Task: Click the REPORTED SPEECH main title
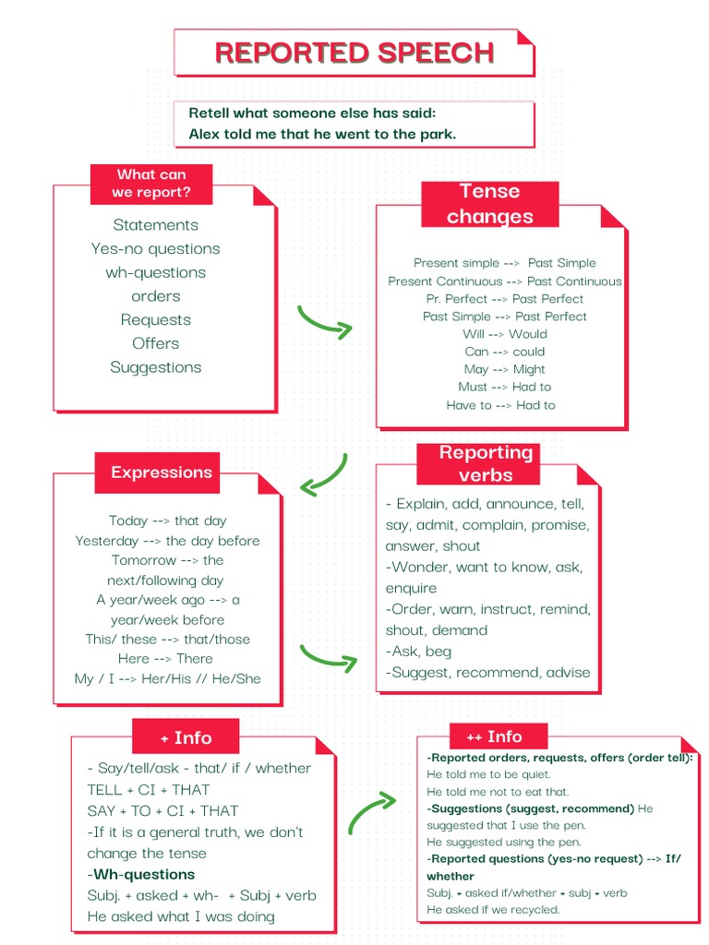click(354, 53)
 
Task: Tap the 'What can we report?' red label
click(151, 184)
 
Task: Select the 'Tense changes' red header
click(489, 204)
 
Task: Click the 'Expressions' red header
click(161, 472)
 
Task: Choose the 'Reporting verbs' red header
click(486, 463)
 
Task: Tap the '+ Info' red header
click(186, 737)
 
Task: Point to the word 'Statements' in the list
click(155, 225)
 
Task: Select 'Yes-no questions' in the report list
click(155, 249)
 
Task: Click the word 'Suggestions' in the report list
click(155, 367)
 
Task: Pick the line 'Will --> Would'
click(504, 334)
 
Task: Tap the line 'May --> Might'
click(504, 369)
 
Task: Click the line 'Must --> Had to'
click(504, 387)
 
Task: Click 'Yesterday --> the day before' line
click(167, 541)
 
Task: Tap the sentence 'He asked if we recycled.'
click(493, 910)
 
